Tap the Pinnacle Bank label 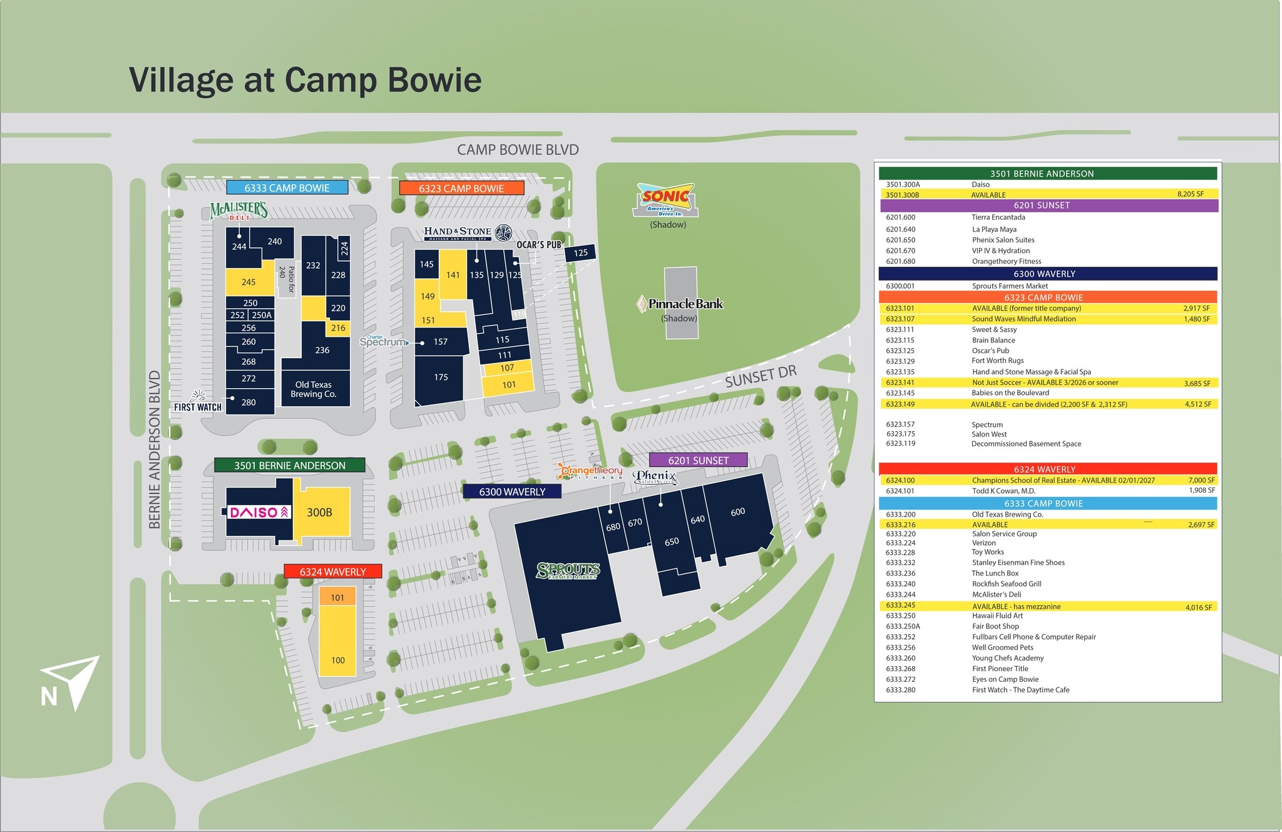click(x=680, y=304)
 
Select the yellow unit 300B click(x=320, y=512)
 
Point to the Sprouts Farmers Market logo click(x=568, y=570)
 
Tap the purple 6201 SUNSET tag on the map click(x=698, y=460)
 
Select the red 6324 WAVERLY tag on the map click(x=332, y=572)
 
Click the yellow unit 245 click(x=249, y=282)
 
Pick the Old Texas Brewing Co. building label click(x=314, y=389)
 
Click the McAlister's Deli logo click(x=239, y=211)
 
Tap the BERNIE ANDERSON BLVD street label click(x=155, y=449)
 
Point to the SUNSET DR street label click(x=761, y=376)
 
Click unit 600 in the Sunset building click(x=737, y=512)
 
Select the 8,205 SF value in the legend click(x=1190, y=194)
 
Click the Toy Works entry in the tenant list click(x=988, y=552)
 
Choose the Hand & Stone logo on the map click(x=467, y=233)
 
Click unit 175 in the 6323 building click(x=441, y=377)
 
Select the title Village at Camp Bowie click(x=305, y=80)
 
